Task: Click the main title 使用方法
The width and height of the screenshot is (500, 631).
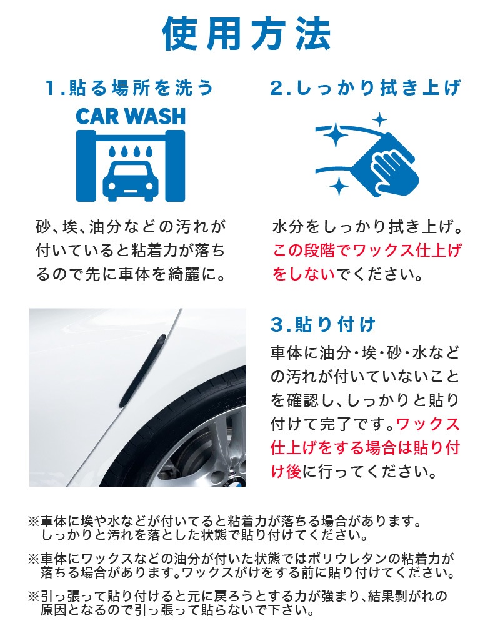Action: click(x=246, y=34)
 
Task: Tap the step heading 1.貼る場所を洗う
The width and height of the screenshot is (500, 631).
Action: click(x=129, y=87)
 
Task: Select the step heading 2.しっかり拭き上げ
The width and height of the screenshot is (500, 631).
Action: click(x=366, y=87)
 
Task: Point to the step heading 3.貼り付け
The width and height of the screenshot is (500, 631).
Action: click(x=323, y=324)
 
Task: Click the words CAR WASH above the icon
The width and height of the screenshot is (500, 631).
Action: click(x=131, y=117)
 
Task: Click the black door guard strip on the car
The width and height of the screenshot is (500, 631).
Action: click(x=142, y=370)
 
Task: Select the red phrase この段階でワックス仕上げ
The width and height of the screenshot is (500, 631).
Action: click(x=367, y=251)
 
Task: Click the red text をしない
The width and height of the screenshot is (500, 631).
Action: click(x=304, y=274)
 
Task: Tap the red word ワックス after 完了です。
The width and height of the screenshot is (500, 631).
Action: click(x=428, y=424)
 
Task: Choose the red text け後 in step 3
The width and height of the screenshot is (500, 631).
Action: click(x=286, y=471)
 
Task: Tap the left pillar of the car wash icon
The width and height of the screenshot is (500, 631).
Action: click(x=86, y=166)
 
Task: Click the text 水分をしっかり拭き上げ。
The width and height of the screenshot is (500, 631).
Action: click(x=367, y=227)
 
